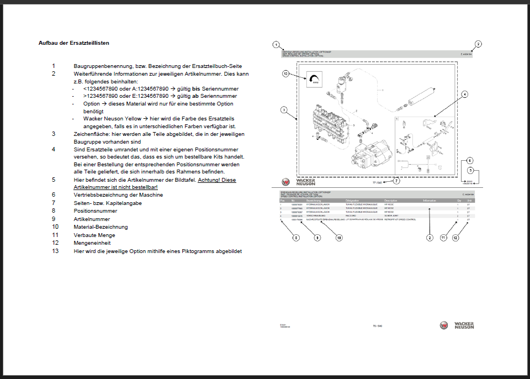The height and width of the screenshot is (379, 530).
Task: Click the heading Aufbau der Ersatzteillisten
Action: (77, 43)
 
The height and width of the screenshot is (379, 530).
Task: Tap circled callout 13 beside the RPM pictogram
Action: (285, 73)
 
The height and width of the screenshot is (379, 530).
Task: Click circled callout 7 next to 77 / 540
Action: (396, 180)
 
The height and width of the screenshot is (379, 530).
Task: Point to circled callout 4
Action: (465, 94)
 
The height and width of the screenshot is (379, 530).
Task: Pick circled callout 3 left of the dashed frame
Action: (283, 110)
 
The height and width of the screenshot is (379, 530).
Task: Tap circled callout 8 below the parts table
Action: (296, 238)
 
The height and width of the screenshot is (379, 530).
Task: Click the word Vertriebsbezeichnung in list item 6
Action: (100, 194)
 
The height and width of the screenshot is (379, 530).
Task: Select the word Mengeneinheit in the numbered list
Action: (92, 242)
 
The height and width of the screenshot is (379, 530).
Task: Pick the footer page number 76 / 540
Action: (378, 326)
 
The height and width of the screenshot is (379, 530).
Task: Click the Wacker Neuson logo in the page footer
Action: (457, 325)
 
